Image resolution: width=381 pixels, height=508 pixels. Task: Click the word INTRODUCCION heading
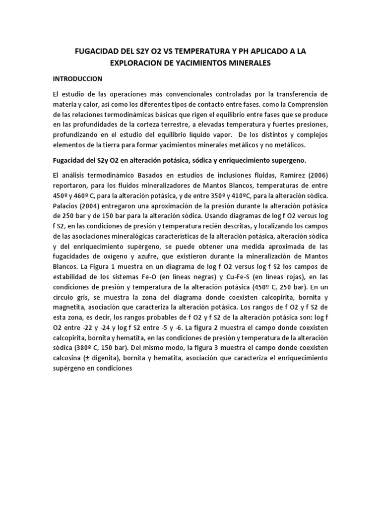click(x=77, y=78)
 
